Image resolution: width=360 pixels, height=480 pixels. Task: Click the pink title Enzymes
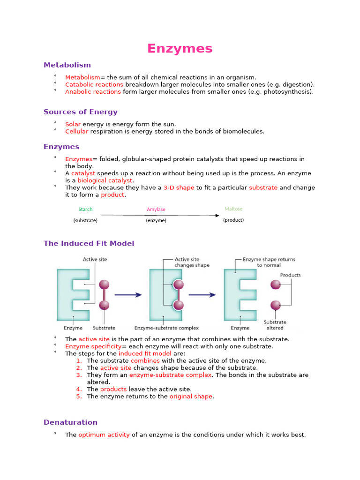click(x=180, y=48)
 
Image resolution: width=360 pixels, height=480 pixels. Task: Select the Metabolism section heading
click(x=67, y=65)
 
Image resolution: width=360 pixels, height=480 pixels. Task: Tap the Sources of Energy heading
click(x=80, y=112)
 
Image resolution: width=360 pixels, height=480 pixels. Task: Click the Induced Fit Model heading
click(x=89, y=243)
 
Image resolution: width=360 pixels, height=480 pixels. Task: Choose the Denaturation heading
click(x=70, y=422)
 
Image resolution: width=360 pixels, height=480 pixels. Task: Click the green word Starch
click(x=85, y=210)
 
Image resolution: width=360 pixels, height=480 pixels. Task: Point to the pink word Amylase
click(x=156, y=210)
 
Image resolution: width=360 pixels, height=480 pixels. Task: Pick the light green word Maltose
click(x=233, y=209)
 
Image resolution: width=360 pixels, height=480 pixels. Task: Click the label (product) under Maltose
click(x=233, y=220)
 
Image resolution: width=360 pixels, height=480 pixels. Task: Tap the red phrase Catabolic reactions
click(x=94, y=84)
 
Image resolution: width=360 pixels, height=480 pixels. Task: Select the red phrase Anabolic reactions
click(x=93, y=92)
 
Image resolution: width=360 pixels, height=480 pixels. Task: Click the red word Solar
click(x=73, y=124)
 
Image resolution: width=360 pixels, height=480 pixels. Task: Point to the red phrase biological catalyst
click(x=105, y=180)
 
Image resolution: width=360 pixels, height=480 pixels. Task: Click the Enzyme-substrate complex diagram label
click(x=166, y=328)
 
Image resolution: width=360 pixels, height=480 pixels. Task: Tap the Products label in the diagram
click(x=290, y=275)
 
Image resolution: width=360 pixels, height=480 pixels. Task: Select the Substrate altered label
click(x=275, y=325)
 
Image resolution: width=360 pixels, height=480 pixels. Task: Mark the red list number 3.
click(x=79, y=375)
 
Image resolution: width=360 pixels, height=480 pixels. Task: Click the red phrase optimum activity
click(x=104, y=435)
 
